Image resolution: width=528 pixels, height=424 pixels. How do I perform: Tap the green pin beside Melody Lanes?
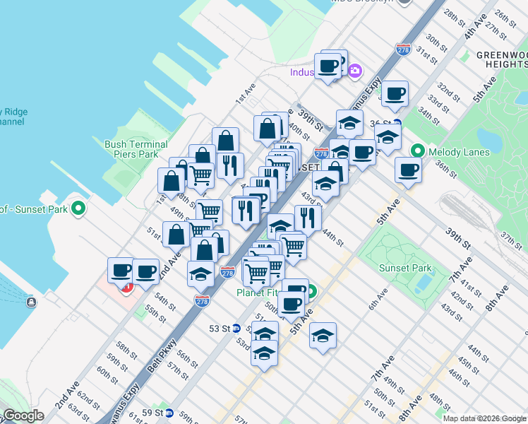point(417,151)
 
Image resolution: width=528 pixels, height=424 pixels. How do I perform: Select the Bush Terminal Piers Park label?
point(136,149)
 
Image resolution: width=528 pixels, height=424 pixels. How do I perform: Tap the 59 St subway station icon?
point(179,413)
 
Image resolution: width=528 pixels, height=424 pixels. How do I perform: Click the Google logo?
point(23,416)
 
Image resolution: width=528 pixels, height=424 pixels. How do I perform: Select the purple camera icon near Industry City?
point(354,70)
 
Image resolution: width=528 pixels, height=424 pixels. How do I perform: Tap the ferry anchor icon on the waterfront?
point(31,302)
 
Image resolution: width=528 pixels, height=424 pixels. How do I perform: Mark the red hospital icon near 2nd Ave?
point(128,287)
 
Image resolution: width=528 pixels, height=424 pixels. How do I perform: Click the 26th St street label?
point(506,16)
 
